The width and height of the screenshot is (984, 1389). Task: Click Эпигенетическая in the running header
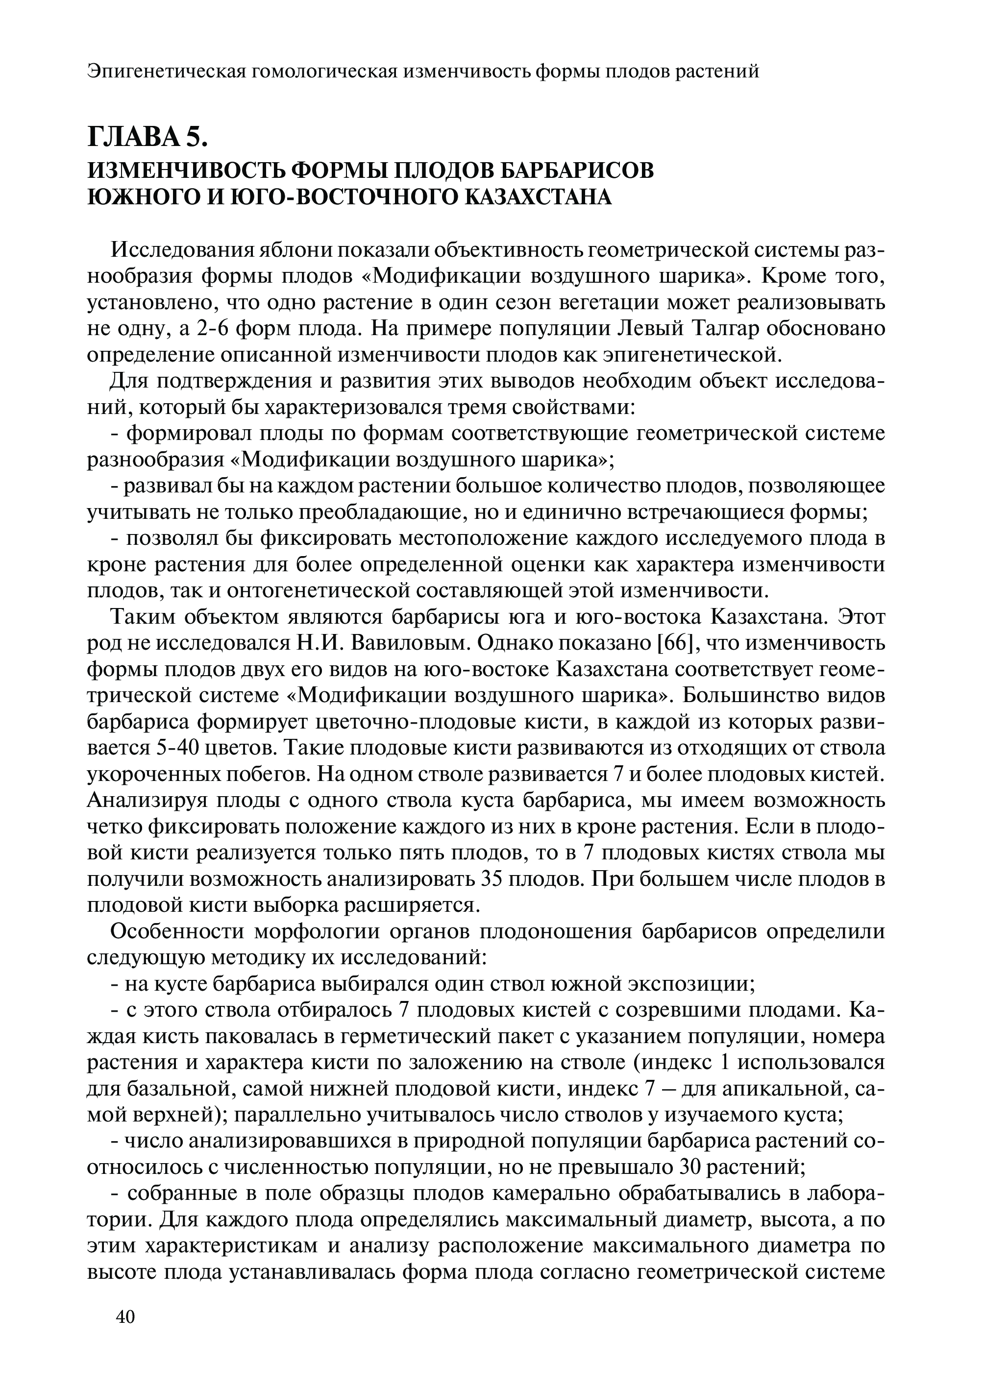pyautogui.click(x=165, y=72)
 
